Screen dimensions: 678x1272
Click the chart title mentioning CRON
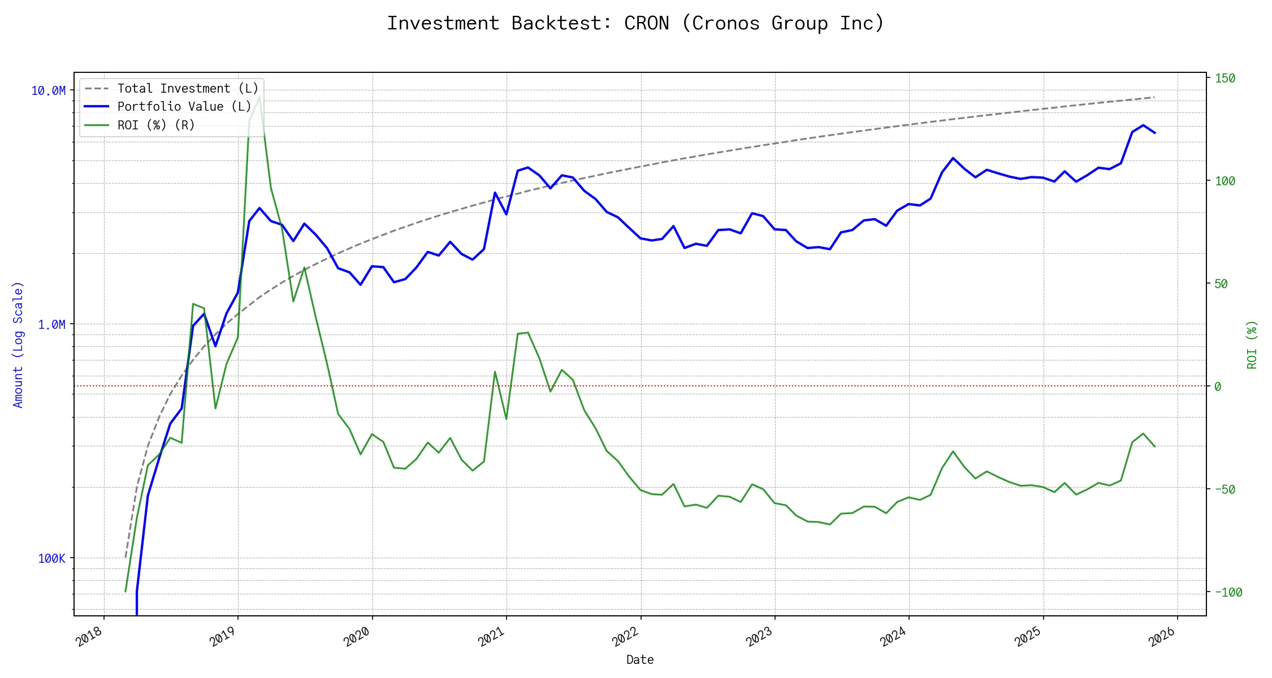pos(635,24)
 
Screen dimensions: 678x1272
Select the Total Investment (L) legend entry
pos(188,89)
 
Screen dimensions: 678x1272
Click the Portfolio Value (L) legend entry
pos(184,107)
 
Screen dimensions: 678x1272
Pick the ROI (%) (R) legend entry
pos(156,125)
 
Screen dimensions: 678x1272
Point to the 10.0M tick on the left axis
pos(49,91)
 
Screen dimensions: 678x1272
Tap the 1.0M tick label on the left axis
pos(51,325)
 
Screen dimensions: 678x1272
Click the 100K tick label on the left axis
pos(51,559)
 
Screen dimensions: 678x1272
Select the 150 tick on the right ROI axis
pos(1225,79)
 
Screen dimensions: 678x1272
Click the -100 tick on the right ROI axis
pos(1228,593)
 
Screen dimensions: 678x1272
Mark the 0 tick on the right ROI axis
pos(1218,387)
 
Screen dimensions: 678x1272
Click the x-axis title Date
pos(640,660)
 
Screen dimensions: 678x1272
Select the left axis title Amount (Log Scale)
pos(18,345)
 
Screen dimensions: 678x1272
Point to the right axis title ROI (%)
pos(1252,345)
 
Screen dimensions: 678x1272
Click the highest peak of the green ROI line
pos(259,97)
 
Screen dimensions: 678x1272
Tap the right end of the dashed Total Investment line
pos(1154,97)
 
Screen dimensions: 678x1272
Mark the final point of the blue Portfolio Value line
pos(1154,133)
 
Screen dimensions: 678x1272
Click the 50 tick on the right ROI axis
pos(1221,284)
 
